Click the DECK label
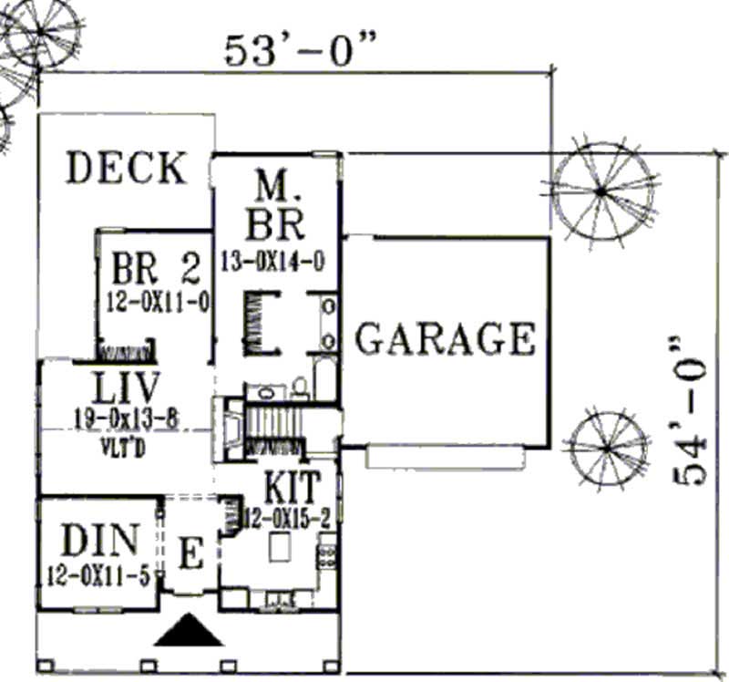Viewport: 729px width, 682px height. coord(127,169)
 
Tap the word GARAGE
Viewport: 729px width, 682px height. coord(445,339)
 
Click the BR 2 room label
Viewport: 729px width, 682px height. coord(155,270)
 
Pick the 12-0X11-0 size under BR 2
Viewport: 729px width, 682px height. coord(155,300)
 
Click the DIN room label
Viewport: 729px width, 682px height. coord(100,541)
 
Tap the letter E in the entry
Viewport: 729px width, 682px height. coord(190,554)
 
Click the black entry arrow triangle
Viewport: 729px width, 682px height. coord(190,630)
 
